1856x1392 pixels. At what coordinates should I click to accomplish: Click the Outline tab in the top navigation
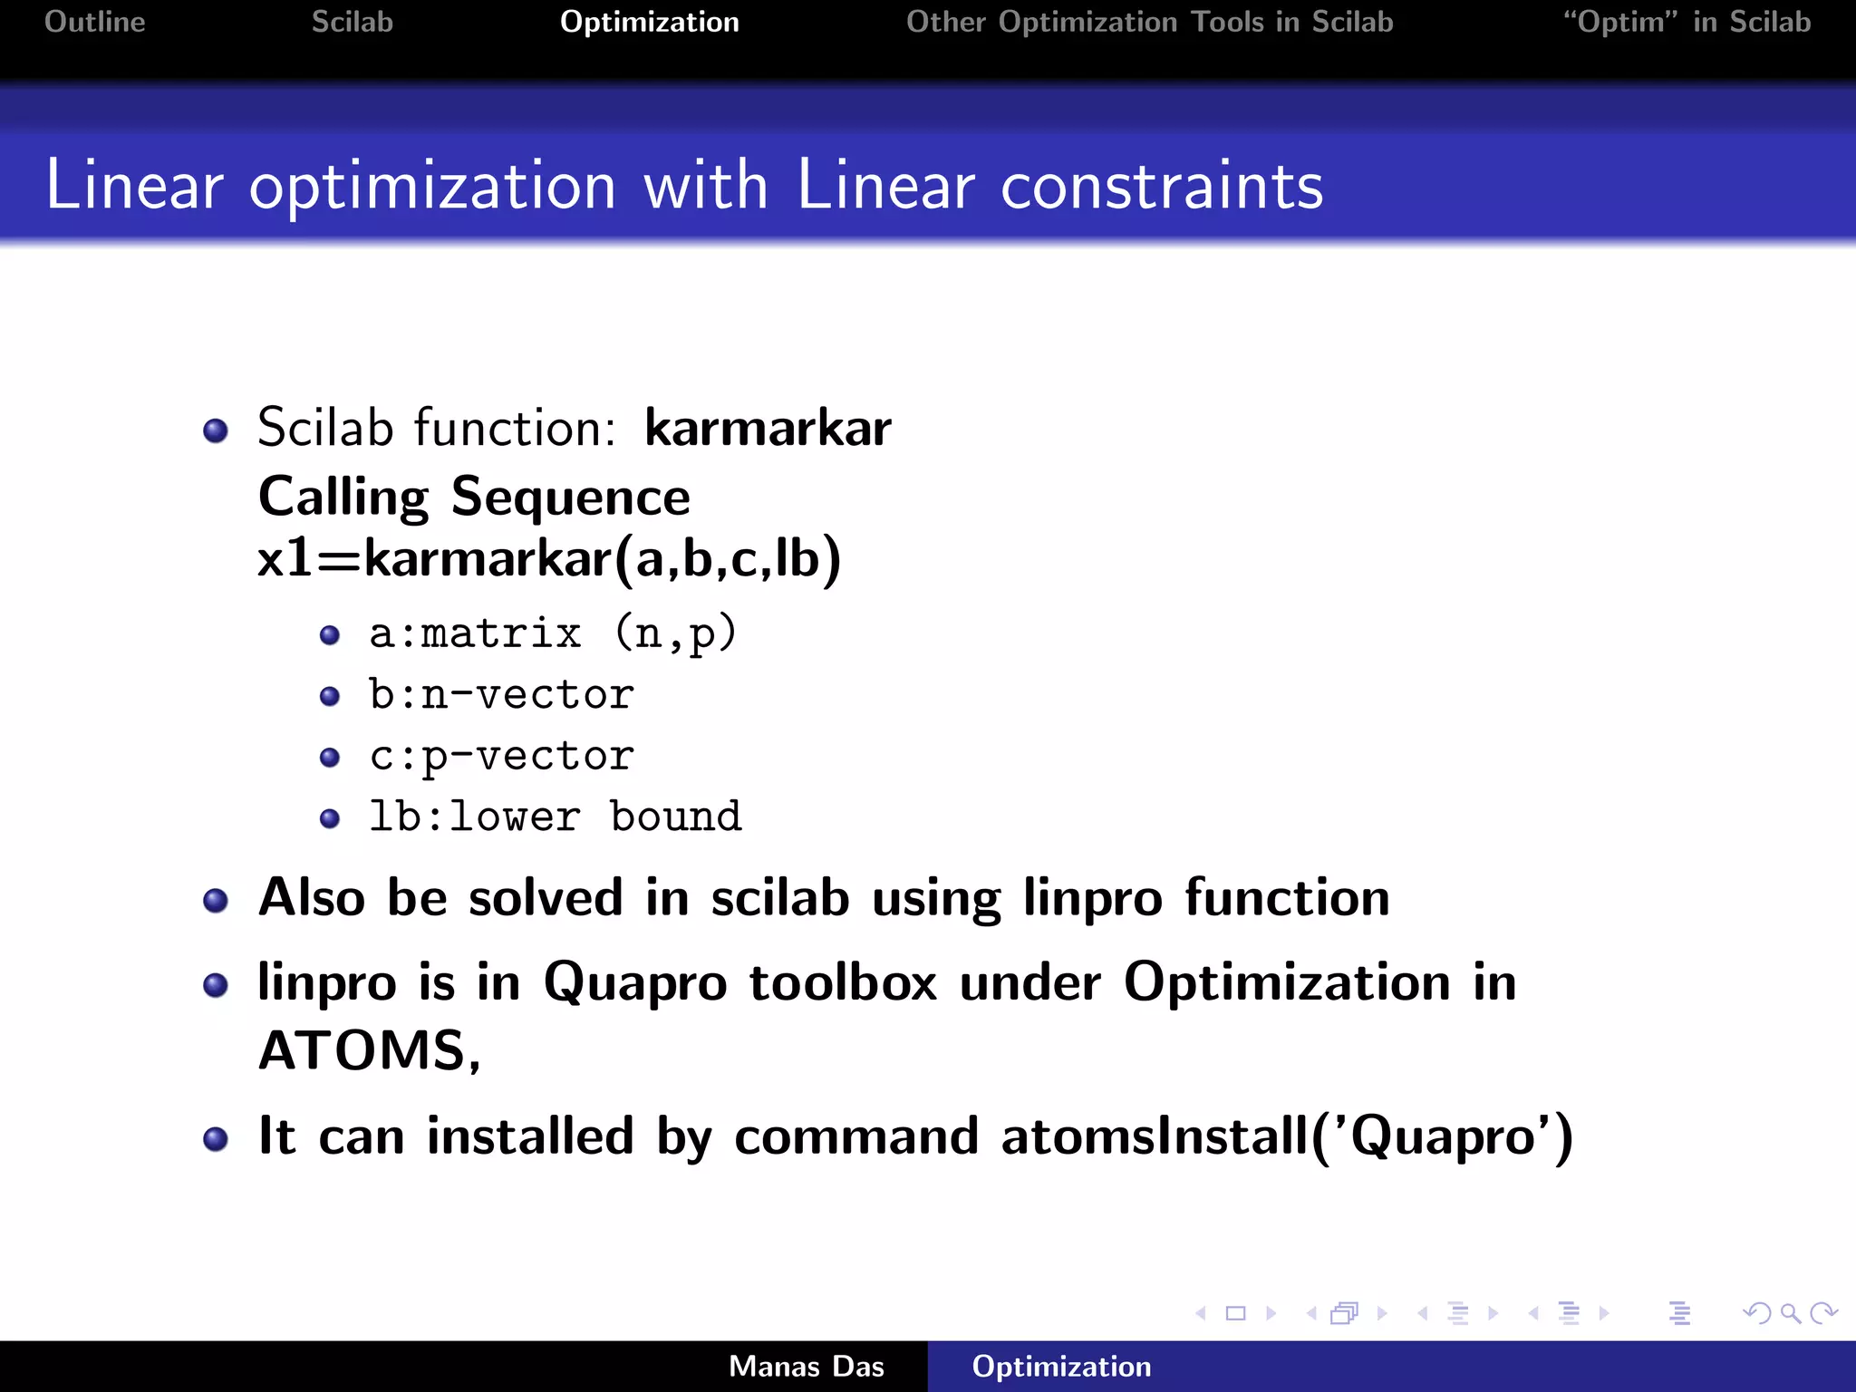95,22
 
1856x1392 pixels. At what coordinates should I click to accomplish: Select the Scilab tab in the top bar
352,22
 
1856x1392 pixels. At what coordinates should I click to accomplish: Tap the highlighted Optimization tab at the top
649,22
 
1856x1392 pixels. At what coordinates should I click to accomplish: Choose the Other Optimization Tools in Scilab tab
1149,22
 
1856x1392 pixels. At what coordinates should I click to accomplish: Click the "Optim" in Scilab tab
1687,22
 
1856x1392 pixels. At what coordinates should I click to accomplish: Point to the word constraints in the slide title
1161,186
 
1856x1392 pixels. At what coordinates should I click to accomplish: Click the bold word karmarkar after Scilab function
767,428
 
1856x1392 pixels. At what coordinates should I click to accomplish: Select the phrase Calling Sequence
474,498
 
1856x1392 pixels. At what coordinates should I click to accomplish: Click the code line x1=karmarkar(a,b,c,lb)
549,558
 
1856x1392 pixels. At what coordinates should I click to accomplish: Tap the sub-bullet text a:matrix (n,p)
552,633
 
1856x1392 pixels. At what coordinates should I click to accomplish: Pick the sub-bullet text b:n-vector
501,695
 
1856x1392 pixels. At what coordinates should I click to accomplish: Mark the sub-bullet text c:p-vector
501,757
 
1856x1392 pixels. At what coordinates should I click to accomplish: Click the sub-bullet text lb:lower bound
555,817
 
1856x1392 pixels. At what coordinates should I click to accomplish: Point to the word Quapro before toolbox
634,983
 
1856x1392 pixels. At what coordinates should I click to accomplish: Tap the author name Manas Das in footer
806,1367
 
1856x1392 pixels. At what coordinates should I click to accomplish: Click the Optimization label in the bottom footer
1061,1367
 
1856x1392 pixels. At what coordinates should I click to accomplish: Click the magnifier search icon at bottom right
1790,1313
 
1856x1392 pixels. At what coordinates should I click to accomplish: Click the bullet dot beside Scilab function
216,430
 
